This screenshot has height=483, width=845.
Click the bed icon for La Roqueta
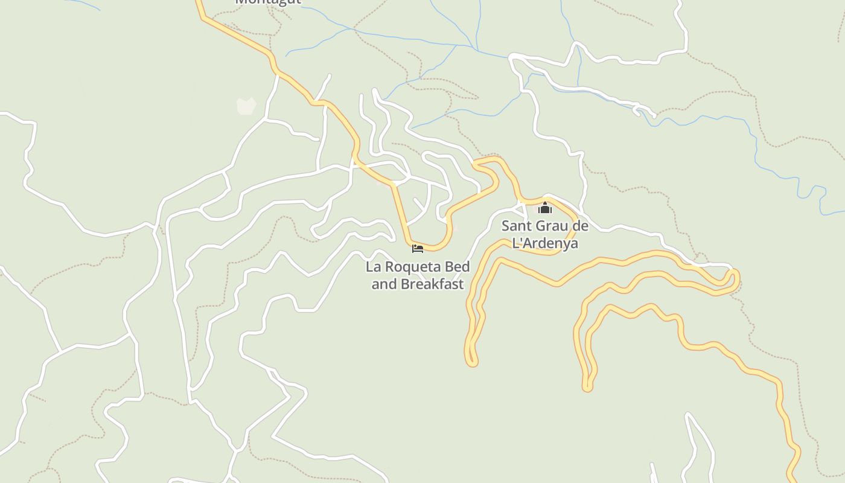[x=417, y=249]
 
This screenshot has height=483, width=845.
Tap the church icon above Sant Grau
[x=545, y=208]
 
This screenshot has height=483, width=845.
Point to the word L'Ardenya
[x=545, y=243]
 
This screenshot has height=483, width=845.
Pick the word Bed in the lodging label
[x=457, y=267]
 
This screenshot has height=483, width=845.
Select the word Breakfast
[x=433, y=284]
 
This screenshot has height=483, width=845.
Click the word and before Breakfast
[x=384, y=284]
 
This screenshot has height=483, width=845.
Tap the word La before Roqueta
[x=374, y=267]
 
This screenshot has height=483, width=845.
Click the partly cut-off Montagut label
[x=267, y=2]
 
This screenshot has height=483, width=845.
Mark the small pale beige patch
[x=246, y=106]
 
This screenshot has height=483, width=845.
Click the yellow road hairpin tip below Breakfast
[x=471, y=362]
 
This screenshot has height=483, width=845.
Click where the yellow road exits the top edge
[x=197, y=2]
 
